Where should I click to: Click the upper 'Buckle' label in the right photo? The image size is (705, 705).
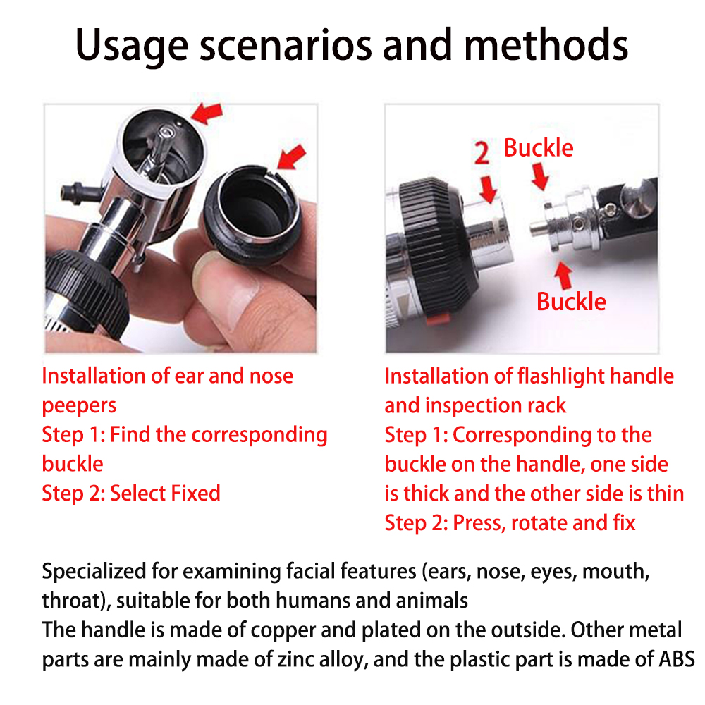(x=539, y=148)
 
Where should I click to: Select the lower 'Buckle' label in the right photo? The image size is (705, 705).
(x=571, y=302)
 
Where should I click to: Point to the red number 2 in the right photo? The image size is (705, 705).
(x=482, y=152)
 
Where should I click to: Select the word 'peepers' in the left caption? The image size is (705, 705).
(x=79, y=405)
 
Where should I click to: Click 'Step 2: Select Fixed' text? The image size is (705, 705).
(x=131, y=493)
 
